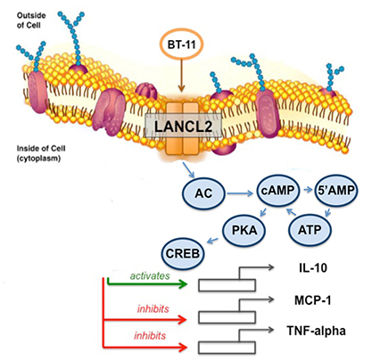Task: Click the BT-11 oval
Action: (x=181, y=45)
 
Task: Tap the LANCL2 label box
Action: (x=183, y=127)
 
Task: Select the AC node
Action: (x=203, y=193)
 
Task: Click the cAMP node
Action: (x=278, y=191)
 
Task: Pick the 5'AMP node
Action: (x=336, y=191)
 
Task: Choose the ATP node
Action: (x=310, y=230)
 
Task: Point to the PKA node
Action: (x=244, y=230)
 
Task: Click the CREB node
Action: (x=183, y=254)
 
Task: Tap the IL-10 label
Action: (x=313, y=268)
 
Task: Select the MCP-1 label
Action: (x=312, y=300)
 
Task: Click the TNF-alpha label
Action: (x=316, y=331)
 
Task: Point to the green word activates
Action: (x=150, y=275)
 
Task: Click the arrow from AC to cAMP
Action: (x=240, y=194)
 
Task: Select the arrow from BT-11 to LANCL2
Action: (x=181, y=75)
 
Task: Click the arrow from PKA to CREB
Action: (x=212, y=241)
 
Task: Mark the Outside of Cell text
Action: (x=31, y=20)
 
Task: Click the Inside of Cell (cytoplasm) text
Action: (x=41, y=153)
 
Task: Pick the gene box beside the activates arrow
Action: (x=227, y=285)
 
